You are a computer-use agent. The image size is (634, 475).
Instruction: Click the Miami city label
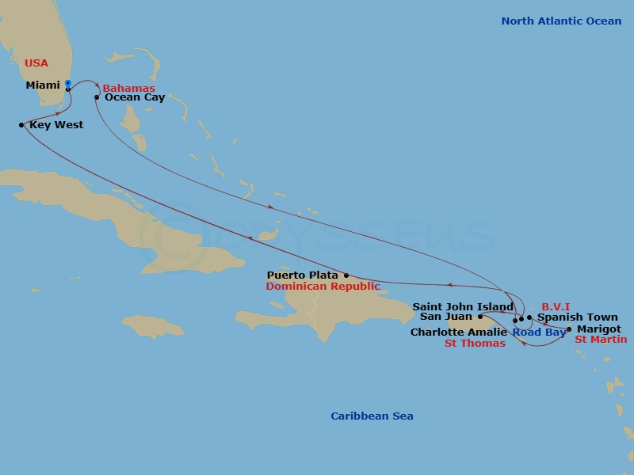[43, 85]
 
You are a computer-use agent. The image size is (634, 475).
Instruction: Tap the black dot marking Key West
[21, 125]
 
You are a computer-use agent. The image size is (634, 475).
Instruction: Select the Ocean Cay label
[135, 97]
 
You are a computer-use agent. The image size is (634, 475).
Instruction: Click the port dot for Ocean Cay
[97, 97]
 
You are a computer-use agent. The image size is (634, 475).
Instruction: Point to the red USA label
[36, 63]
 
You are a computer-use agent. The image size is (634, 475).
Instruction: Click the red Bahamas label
[128, 88]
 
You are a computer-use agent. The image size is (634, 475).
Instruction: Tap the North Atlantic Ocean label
[561, 21]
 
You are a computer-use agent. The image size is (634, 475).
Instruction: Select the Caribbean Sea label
[372, 416]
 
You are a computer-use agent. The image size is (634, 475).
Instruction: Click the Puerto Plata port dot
[346, 275]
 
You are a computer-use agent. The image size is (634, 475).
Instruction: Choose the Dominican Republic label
[323, 287]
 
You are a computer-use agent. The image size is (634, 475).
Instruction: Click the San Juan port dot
[480, 317]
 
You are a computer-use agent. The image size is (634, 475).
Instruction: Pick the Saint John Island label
[463, 306]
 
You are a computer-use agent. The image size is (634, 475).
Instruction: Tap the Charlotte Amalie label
[458, 332]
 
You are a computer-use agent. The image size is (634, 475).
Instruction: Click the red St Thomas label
[474, 344]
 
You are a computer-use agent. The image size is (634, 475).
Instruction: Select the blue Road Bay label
[539, 332]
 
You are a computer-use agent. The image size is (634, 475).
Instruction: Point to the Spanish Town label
[567, 317]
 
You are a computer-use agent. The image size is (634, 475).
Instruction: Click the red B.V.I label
[556, 306]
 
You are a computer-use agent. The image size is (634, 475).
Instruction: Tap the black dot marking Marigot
[569, 329]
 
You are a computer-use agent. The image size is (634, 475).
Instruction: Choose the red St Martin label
[601, 340]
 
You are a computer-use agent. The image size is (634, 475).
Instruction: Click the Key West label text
[56, 125]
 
